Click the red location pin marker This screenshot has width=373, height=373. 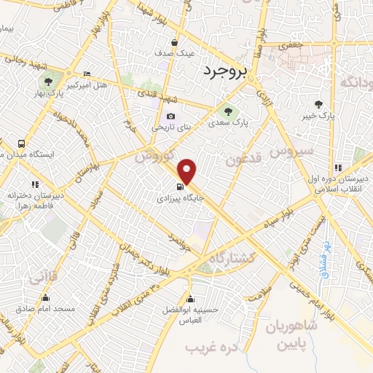coord(188,171)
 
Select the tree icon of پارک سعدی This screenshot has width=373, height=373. coord(227,111)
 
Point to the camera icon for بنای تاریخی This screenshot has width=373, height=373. coord(170,116)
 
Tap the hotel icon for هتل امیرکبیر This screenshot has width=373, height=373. coord(87,74)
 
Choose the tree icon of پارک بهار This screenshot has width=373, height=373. coord(48,82)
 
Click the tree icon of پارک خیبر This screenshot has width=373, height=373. coord(318,103)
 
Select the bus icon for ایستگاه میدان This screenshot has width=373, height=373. coord(22,144)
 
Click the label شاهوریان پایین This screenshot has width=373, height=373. coord(298,334)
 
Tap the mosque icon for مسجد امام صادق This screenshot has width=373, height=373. coord(46,297)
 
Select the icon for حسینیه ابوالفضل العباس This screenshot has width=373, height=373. coord(191,299)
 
